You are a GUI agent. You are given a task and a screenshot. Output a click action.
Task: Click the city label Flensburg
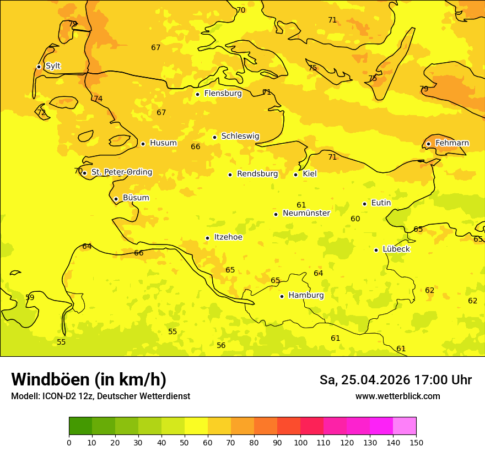coord(223,94)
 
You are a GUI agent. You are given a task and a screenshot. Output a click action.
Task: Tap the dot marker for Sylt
coord(39,67)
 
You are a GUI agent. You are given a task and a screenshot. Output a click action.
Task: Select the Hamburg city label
coord(306,296)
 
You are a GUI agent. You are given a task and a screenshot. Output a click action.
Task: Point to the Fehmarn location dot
coord(428,144)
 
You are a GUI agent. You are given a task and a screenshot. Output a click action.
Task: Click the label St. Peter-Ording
coord(121,172)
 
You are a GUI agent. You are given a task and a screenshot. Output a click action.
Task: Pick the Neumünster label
coord(306,214)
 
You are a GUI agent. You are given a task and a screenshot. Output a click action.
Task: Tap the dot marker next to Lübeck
coord(376,250)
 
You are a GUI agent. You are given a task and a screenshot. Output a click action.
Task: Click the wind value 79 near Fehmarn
coord(424,89)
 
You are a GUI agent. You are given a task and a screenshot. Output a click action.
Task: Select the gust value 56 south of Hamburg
coord(221,345)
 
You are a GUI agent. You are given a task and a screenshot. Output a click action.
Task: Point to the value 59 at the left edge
coord(30,297)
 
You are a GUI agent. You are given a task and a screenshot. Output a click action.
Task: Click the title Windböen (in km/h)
coord(88,379)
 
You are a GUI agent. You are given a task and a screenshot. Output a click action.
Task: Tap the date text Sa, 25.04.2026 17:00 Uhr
coord(395,380)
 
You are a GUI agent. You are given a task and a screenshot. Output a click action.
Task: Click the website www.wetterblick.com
coord(397,396)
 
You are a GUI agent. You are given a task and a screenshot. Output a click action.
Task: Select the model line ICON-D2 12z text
coord(100,396)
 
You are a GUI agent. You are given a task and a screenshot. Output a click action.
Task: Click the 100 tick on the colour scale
coord(300,442)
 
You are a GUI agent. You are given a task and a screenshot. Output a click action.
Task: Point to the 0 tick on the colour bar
coord(69,442)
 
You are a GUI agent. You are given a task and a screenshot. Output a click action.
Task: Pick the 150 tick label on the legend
coord(416,442)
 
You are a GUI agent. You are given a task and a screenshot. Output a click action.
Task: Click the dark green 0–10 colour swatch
coord(80,426)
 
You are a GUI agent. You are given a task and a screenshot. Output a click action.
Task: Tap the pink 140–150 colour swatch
coord(405,426)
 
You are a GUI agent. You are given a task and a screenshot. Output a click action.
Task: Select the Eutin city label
coord(381,203)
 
